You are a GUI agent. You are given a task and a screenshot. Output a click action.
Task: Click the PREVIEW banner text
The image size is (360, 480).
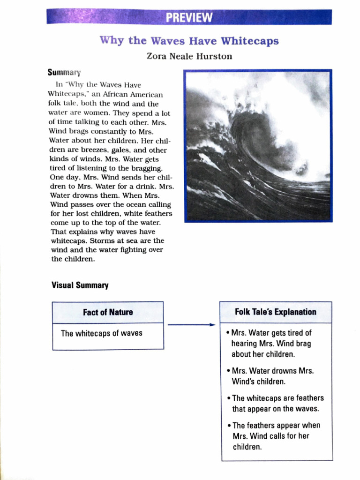(x=189, y=18)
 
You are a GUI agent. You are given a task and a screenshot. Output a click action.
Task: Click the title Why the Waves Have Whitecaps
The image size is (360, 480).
(x=189, y=40)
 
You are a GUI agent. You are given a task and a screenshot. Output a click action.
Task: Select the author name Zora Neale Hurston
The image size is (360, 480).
(x=189, y=57)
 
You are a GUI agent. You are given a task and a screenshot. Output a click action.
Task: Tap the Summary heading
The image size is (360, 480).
(x=64, y=73)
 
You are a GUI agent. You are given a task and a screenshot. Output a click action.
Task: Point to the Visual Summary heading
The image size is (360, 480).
(x=80, y=285)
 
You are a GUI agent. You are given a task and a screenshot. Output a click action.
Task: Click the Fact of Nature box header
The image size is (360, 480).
(x=108, y=312)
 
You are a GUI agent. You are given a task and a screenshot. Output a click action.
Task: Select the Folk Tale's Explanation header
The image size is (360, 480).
(x=276, y=312)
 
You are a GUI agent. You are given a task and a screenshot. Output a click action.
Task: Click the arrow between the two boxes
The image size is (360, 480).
(x=191, y=324)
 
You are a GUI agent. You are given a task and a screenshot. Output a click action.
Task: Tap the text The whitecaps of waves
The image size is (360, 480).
(x=101, y=334)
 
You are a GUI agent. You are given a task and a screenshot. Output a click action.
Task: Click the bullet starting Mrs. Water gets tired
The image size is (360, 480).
(x=271, y=344)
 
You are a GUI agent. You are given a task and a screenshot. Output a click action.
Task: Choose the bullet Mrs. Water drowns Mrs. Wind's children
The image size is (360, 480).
(x=272, y=376)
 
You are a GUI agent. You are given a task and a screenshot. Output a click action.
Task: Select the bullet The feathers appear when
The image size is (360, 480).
(x=276, y=436)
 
